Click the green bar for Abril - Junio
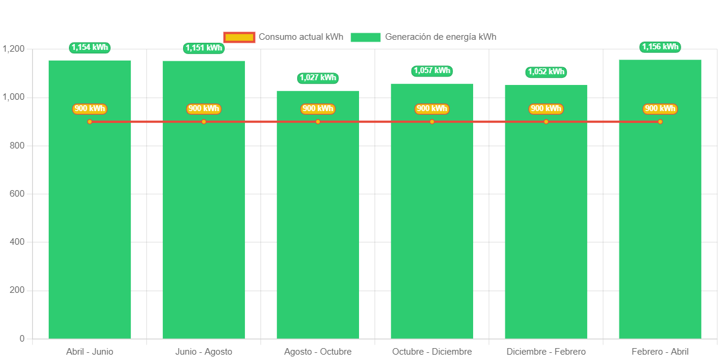(90, 226)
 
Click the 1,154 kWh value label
(90, 48)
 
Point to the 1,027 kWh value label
(318, 78)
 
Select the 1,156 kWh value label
(660, 47)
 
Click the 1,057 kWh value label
(432, 71)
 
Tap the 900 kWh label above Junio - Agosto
(204, 109)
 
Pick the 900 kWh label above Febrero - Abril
(660, 109)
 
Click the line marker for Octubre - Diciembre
(432, 122)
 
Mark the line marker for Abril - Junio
(90, 122)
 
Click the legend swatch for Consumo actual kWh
(240, 37)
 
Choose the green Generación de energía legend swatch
(366, 37)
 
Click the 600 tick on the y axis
(17, 194)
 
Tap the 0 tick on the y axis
(22, 339)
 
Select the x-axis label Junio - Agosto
(204, 352)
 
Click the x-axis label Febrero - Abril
(660, 352)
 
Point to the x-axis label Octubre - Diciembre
(432, 352)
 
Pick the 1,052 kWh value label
(546, 72)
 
